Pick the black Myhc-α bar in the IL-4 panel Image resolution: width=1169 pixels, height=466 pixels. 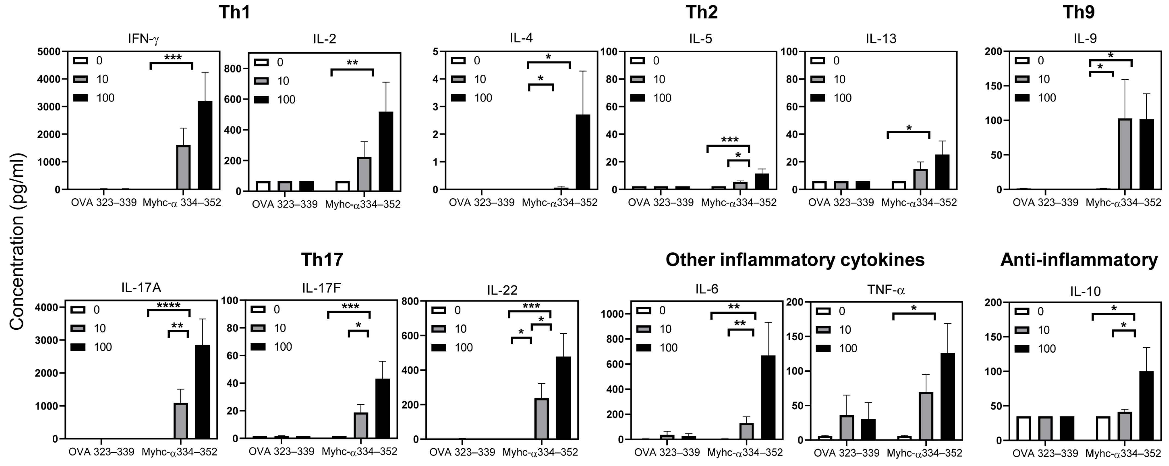[x=583, y=152]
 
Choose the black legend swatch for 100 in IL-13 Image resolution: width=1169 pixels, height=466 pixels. [x=818, y=98]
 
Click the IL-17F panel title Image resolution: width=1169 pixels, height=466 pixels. [x=321, y=288]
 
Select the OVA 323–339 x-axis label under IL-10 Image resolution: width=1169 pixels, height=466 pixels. [x=1045, y=453]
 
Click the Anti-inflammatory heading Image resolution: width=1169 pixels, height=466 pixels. [x=1079, y=260]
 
